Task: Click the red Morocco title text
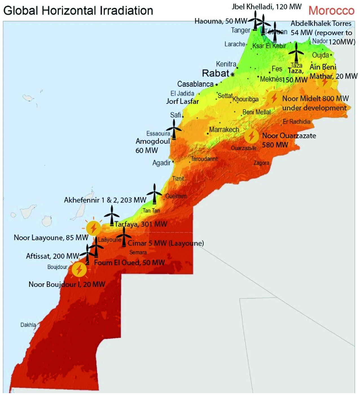(331, 10)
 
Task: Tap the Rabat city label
(216, 73)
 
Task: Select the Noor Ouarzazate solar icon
(251, 136)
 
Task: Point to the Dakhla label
(28, 325)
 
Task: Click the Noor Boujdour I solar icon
(79, 269)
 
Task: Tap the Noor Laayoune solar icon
(93, 228)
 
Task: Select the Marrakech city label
(224, 130)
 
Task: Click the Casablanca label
(195, 84)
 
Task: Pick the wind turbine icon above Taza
(296, 53)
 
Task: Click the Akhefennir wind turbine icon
(154, 194)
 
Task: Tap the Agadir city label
(161, 163)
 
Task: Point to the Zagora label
(261, 163)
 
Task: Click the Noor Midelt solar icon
(274, 98)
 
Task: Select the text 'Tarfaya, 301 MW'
(141, 224)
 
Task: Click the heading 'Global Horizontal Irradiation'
(78, 10)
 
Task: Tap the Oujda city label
(320, 55)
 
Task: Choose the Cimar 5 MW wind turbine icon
(124, 237)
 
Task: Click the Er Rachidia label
(296, 122)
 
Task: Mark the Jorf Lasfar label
(182, 101)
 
